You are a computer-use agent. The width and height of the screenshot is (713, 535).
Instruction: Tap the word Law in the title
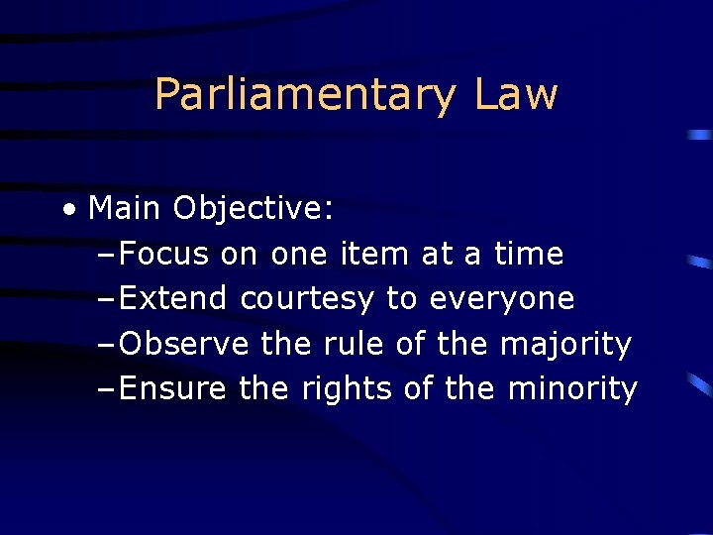pyautogui.click(x=516, y=95)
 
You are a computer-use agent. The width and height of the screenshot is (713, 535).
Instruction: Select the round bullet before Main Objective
pyautogui.click(x=67, y=209)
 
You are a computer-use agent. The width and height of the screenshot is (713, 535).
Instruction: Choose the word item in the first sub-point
pyautogui.click(x=373, y=255)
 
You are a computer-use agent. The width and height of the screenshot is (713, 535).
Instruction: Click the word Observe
pyautogui.click(x=184, y=345)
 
